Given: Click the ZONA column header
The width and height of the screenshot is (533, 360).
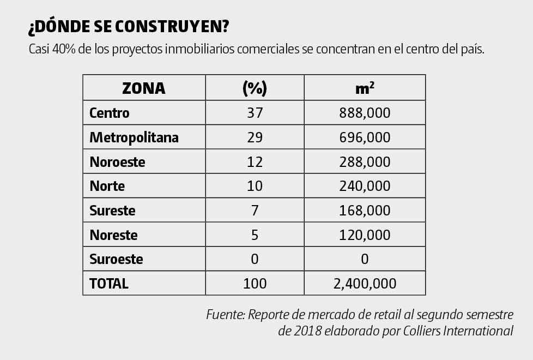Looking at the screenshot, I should pos(144,88).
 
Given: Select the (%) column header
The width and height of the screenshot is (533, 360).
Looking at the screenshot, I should pos(255,88).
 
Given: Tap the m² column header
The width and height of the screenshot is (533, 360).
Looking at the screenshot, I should pos(365,88).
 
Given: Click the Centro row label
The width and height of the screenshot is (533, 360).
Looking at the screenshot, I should pos(110,113).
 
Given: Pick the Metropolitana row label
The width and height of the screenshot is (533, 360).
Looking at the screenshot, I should pos(134,137).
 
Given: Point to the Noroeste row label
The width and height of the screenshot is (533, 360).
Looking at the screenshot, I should pos(117,162).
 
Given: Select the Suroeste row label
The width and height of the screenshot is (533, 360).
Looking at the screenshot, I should pos(116,259).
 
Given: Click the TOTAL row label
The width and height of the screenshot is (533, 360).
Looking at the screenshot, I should pos(109,284).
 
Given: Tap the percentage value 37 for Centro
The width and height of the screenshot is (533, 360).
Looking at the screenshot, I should pos(255,113).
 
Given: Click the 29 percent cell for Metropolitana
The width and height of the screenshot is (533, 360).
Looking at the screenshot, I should pos(255,137).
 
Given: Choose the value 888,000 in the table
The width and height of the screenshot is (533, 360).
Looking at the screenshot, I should pos(365,113).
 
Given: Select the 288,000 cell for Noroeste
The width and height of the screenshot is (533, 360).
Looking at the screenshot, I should pos(365,162).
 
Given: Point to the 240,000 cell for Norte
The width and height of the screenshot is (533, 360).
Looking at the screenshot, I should pos(365,186).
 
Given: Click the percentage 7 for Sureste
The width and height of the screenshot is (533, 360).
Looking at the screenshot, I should pos(255,211).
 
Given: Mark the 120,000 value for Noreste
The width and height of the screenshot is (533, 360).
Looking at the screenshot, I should pos(365,235).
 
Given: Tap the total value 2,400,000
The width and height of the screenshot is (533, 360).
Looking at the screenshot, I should pos(365,284).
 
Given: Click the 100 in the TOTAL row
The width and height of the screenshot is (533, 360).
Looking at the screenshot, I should pos(255,284).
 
